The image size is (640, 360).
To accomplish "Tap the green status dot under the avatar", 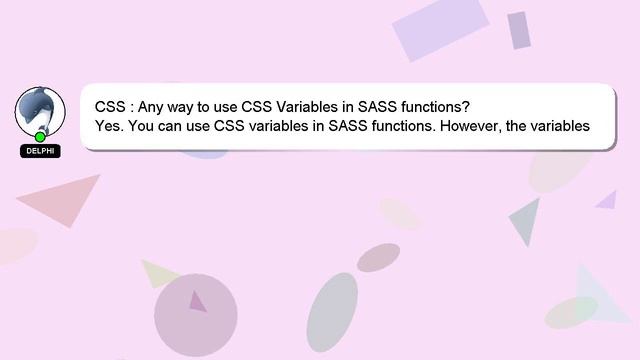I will (x=40, y=137).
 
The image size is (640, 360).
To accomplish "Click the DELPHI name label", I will (x=40, y=151).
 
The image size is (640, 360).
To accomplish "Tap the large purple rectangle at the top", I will (x=440, y=28).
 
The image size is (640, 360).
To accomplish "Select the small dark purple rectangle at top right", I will (x=518, y=30).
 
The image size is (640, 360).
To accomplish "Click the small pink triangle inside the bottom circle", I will (x=197, y=301).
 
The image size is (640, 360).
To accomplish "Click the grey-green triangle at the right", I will (x=527, y=218).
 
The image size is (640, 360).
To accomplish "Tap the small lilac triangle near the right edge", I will (x=608, y=200).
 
